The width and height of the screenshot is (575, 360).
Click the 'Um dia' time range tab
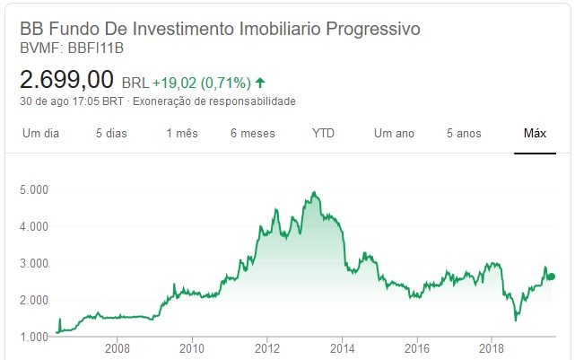click(40, 134)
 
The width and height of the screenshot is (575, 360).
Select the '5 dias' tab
click(111, 134)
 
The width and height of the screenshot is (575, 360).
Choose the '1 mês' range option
click(181, 134)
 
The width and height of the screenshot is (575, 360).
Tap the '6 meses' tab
click(252, 134)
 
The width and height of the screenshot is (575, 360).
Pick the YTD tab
click(323, 134)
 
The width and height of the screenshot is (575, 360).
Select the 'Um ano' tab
click(394, 134)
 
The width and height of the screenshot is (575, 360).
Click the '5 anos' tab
click(464, 134)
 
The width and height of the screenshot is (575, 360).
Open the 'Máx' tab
click(535, 134)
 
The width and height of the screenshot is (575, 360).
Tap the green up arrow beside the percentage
click(260, 83)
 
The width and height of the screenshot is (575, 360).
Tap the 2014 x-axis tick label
click(342, 347)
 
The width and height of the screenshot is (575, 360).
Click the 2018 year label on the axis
click(492, 347)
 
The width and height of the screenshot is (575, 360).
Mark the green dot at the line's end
click(552, 277)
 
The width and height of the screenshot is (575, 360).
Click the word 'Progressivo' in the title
click(370, 29)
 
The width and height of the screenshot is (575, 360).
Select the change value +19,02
click(173, 83)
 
